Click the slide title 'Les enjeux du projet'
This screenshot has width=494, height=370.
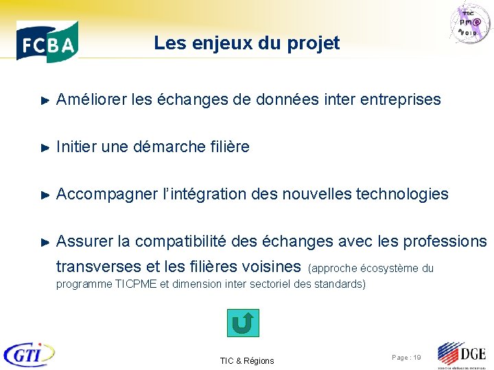(246, 43)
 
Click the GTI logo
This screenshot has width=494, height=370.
(29, 354)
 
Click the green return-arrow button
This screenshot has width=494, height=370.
(243, 323)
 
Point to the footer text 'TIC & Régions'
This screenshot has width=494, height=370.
(246, 361)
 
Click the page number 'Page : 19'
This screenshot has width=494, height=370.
(406, 358)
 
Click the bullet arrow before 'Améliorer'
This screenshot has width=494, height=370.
(45, 101)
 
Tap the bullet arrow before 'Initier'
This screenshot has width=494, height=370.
(45, 147)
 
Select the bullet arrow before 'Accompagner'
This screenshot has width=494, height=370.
(45, 195)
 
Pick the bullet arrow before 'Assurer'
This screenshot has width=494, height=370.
(45, 242)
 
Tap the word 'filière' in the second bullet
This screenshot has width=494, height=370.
(229, 147)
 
